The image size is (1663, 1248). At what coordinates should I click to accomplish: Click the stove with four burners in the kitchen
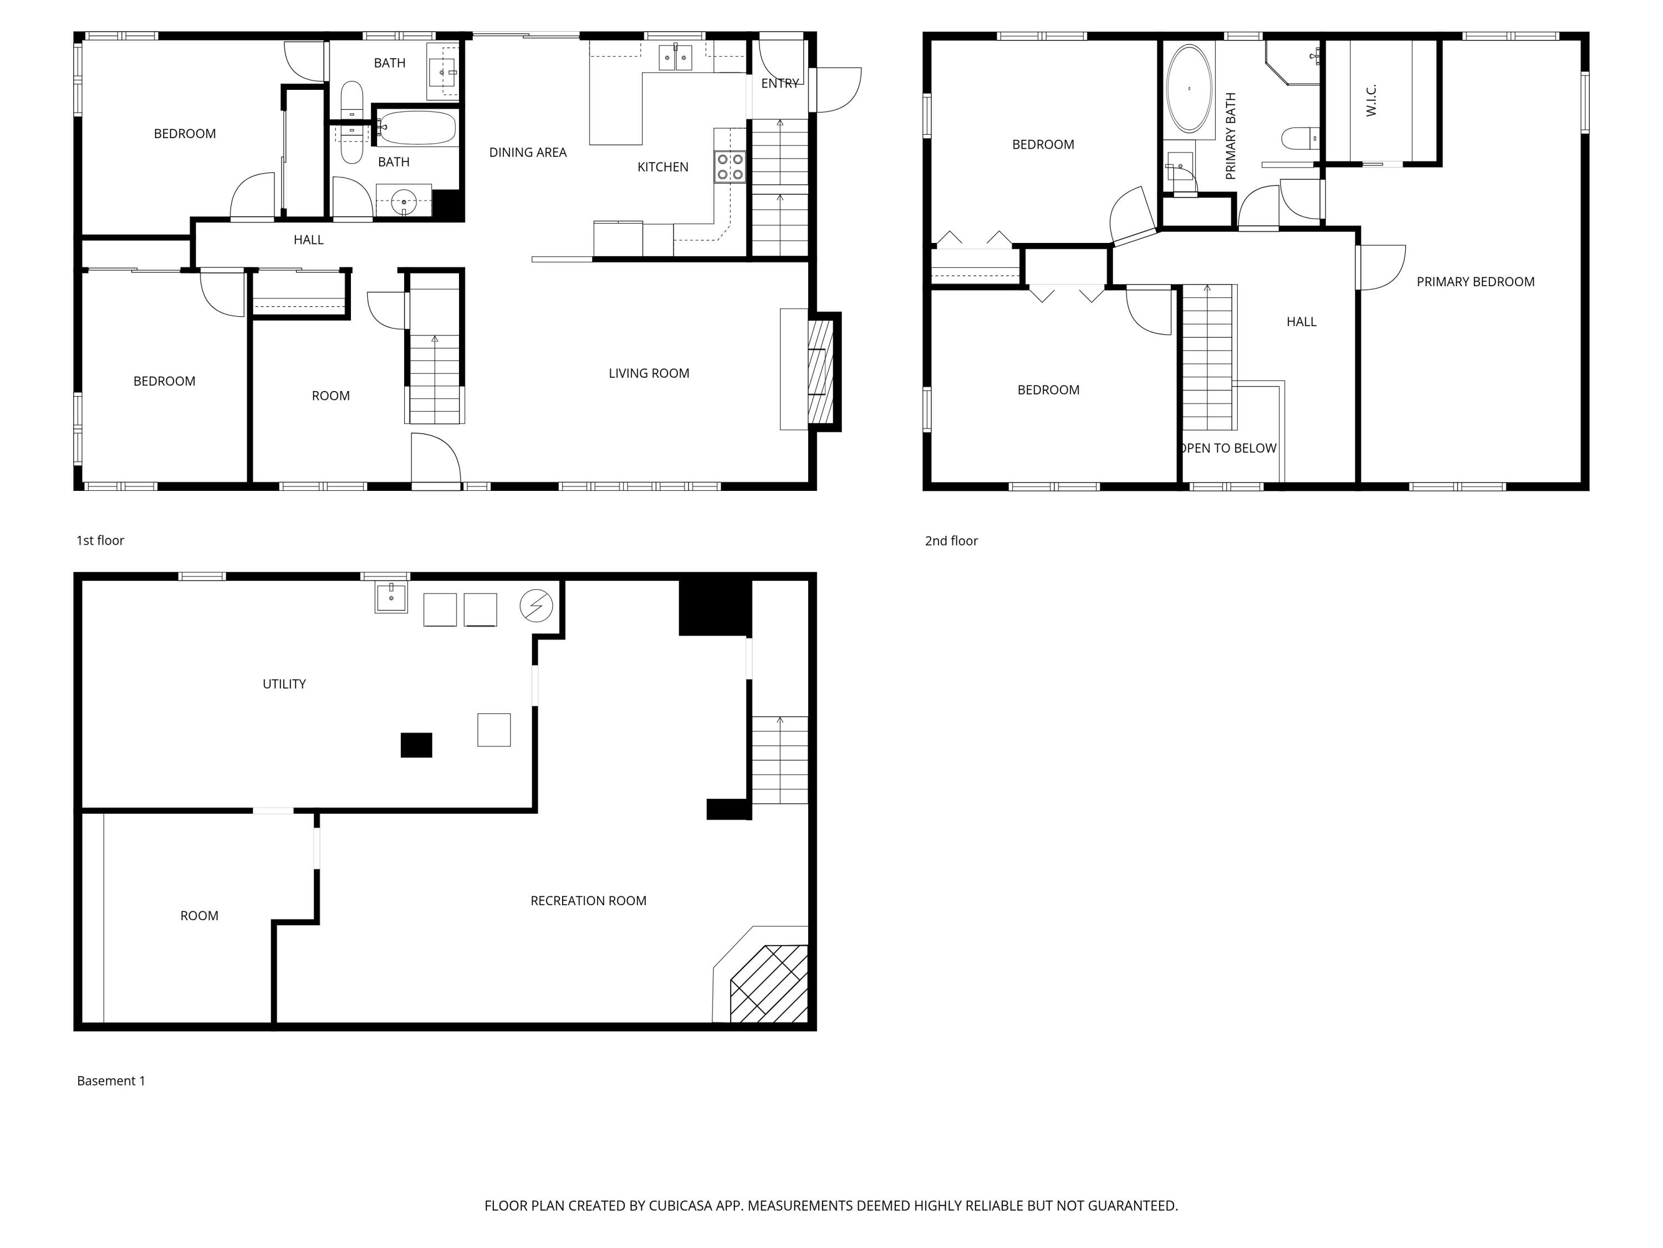(730, 167)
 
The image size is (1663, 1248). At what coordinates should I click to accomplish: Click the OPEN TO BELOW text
(1228, 448)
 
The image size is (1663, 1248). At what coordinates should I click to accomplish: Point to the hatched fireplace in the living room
(820, 372)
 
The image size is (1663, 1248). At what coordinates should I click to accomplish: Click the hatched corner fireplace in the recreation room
(769, 983)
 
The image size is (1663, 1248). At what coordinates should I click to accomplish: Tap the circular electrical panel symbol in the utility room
(536, 606)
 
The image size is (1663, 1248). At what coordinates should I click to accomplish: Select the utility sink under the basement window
(391, 598)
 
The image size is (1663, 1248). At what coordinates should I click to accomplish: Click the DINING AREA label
(528, 153)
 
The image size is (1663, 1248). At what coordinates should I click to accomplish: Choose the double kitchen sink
(675, 58)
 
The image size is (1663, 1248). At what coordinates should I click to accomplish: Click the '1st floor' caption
(100, 540)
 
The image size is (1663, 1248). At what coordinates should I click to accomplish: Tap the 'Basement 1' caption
(110, 1081)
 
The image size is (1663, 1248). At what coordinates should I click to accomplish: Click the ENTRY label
(779, 84)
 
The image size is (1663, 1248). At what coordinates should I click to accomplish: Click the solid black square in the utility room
(416, 745)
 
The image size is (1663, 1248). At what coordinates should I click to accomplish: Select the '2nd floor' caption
(951, 541)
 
